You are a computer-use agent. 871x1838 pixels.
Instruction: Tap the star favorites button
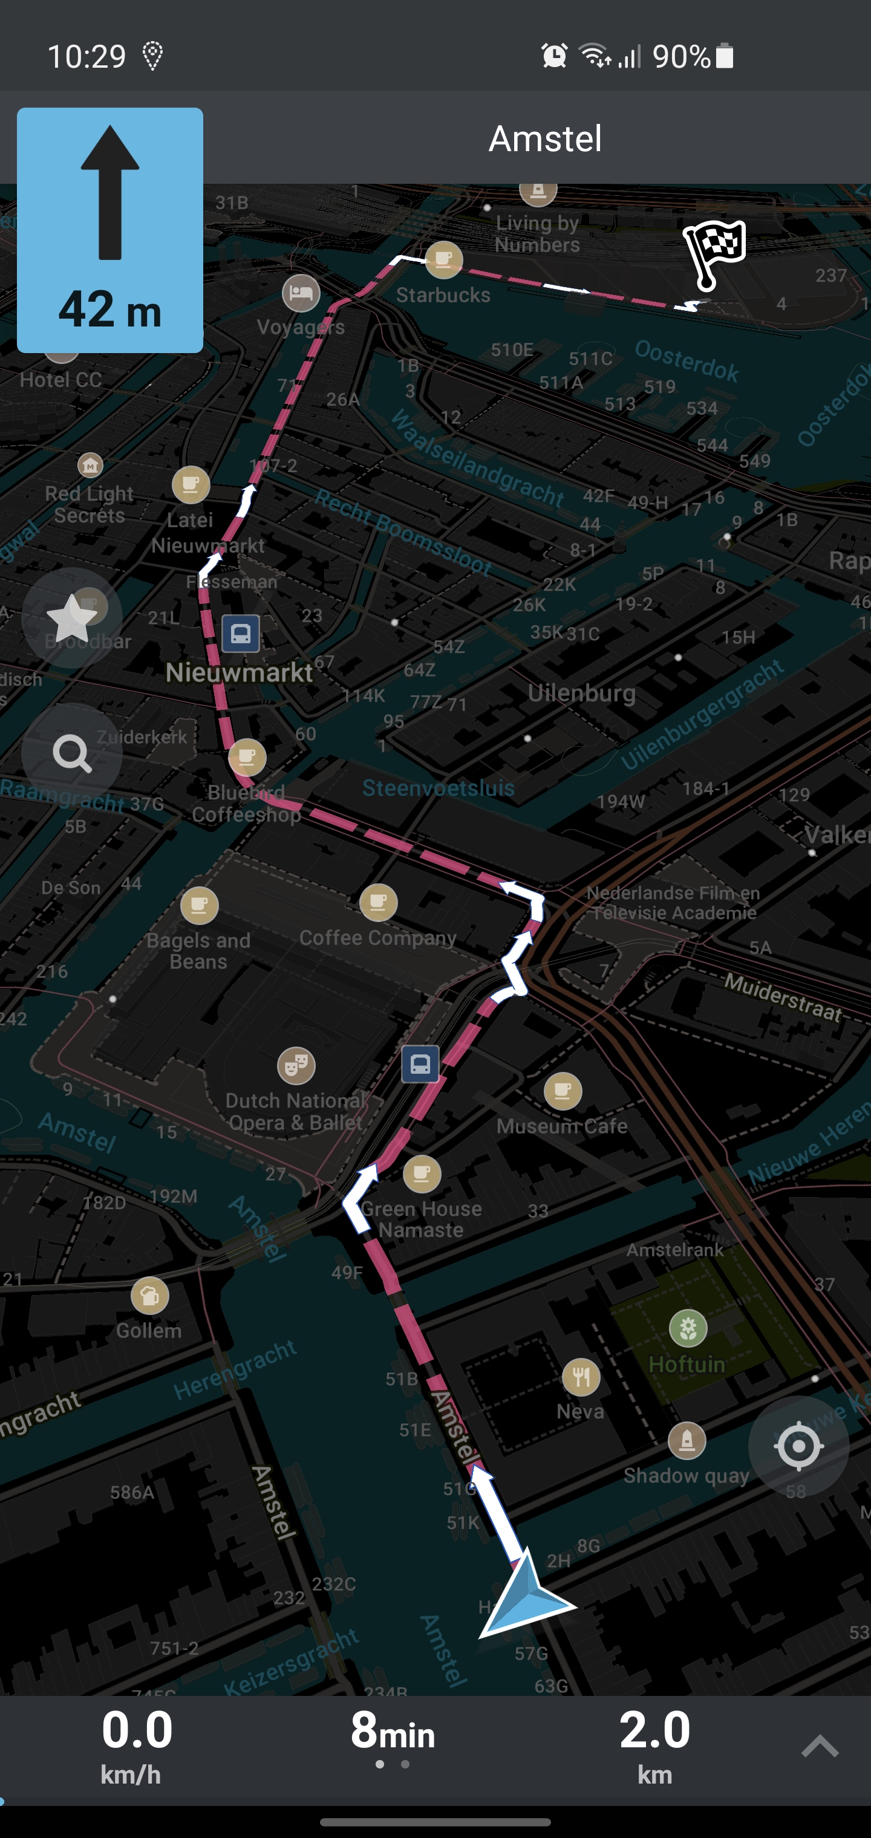pos(72,618)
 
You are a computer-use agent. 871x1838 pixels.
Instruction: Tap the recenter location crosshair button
pos(798,1446)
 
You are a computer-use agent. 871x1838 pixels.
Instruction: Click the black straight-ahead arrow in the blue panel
pos(110,193)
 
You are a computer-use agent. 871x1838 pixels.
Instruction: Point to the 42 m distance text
pos(110,310)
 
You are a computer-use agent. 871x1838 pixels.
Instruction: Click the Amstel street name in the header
pos(545,138)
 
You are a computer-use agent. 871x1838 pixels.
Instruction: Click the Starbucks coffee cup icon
pos(443,260)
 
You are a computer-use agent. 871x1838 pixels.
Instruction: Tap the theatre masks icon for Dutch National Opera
pos(296,1066)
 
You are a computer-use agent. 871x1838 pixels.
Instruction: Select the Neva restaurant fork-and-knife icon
pos(581,1377)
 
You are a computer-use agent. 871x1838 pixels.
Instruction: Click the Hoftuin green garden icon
pos(688,1328)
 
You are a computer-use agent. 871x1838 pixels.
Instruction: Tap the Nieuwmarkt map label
pos(239,672)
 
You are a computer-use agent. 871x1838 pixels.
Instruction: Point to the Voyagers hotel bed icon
pos(301,293)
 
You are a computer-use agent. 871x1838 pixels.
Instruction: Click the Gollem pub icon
pos(150,1296)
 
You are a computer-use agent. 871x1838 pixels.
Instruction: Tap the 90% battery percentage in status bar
pos(680,56)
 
